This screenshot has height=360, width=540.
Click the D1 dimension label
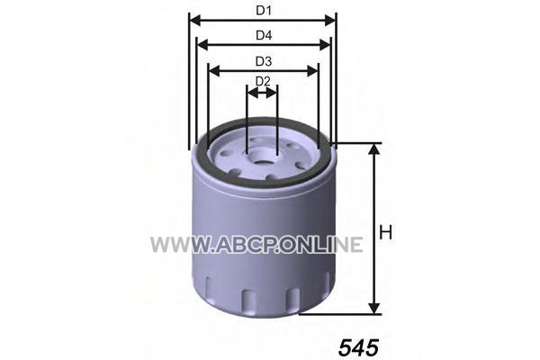[264, 11]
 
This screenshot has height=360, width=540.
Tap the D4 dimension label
[264, 35]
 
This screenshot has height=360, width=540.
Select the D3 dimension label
[264, 61]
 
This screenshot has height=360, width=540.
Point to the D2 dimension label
[263, 82]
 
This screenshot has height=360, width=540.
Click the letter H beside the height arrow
[385, 232]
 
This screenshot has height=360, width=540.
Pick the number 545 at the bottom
[358, 347]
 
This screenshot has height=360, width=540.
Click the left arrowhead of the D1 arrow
[195, 21]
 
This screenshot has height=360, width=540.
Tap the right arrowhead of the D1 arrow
[330, 21]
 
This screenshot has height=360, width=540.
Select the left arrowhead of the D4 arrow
[202, 45]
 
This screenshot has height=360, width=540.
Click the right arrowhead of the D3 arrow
[312, 71]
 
